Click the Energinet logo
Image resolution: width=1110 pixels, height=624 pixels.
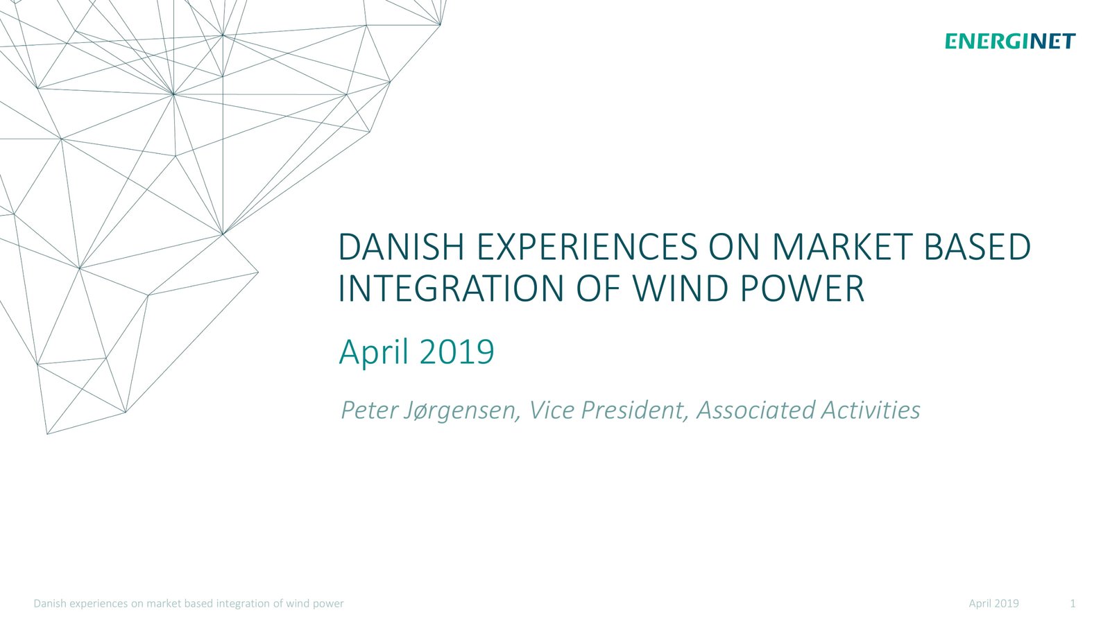pos(1010,41)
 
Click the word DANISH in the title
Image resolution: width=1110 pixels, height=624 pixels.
pos(402,247)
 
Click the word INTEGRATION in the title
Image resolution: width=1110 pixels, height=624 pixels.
pos(451,288)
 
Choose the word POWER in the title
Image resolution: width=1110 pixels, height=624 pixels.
pos(802,288)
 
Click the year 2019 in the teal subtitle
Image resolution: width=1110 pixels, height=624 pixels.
pos(456,352)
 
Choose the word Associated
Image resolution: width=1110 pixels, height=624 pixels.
pos(754,410)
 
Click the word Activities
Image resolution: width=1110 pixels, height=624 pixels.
pos(871,410)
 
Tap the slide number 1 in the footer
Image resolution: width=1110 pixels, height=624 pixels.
pos(1073,603)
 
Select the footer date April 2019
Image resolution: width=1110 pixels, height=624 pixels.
pos(993,604)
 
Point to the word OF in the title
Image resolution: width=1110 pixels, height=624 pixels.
pos(597,288)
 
